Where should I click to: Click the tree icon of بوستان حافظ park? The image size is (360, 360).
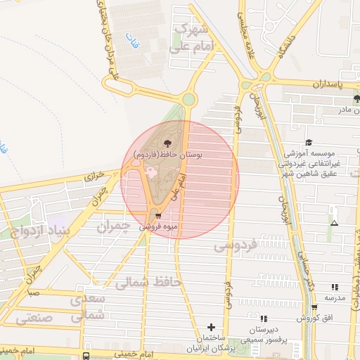pyautogui.click(x=176, y=143)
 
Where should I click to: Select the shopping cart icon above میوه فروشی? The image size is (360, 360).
pyautogui.click(x=158, y=216)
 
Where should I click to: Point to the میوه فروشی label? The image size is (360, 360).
pyautogui.click(x=157, y=226)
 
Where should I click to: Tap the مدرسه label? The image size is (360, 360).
pyautogui.click(x=335, y=297)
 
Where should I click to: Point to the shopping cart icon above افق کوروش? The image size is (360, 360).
pyautogui.click(x=314, y=307)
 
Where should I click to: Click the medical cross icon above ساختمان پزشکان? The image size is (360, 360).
pyautogui.click(x=211, y=328)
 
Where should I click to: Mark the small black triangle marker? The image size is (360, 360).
pyautogui.click(x=334, y=223)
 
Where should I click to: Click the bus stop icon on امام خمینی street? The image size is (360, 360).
pyautogui.click(x=86, y=356)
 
